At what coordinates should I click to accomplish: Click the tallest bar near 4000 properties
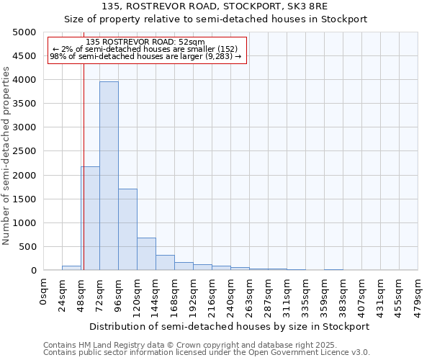109,176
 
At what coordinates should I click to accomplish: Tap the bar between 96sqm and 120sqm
127,230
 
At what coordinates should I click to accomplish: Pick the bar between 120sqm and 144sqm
146,254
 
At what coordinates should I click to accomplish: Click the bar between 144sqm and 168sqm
165,263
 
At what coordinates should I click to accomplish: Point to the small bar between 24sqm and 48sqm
71,268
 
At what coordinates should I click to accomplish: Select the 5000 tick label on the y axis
24,32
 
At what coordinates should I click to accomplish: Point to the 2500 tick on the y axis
24,151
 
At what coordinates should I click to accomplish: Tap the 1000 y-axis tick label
24,223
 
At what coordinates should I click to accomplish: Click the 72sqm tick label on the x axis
100,294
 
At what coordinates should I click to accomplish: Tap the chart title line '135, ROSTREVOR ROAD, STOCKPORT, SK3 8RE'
215,6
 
